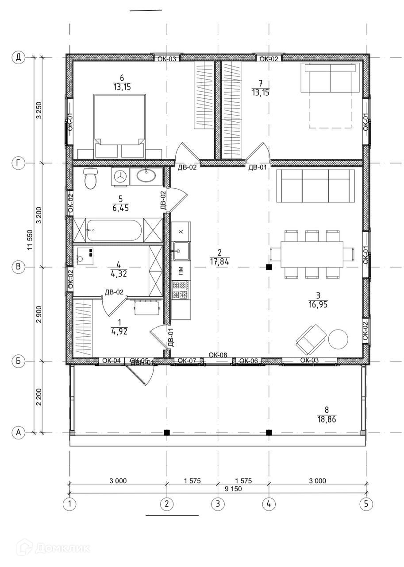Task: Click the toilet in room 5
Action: (x=90, y=179)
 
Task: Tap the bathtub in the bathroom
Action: (x=114, y=230)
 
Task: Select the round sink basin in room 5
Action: (x=146, y=176)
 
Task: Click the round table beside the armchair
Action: (x=338, y=339)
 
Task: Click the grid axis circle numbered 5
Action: (x=366, y=504)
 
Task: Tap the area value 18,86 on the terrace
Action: (x=327, y=419)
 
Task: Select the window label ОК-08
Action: (x=217, y=355)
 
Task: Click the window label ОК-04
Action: (x=112, y=361)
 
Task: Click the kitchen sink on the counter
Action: (x=181, y=251)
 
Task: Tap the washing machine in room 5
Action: (x=119, y=176)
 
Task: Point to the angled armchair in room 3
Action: (x=311, y=337)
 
